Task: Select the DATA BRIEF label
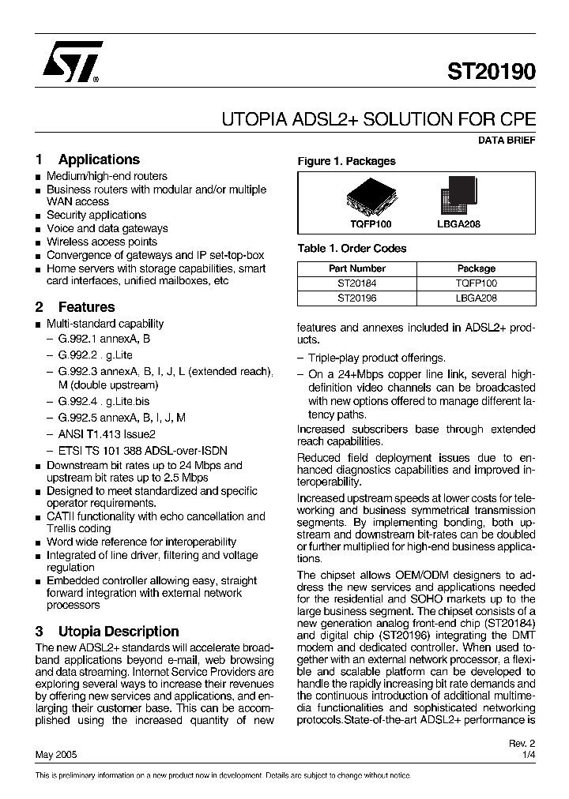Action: click(x=507, y=141)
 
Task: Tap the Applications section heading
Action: click(x=99, y=159)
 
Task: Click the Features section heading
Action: click(x=86, y=307)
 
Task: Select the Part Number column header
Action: click(x=356, y=268)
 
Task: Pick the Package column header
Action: click(x=477, y=268)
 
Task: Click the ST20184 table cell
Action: click(x=356, y=283)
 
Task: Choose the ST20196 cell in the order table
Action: click(x=356, y=298)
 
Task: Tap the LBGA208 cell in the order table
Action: click(x=477, y=298)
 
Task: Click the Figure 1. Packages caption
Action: click(x=346, y=161)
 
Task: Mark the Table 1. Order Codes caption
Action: click(x=352, y=249)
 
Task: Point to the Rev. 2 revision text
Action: click(x=522, y=744)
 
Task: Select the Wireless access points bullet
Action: click(x=101, y=242)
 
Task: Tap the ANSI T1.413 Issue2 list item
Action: click(x=107, y=433)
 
